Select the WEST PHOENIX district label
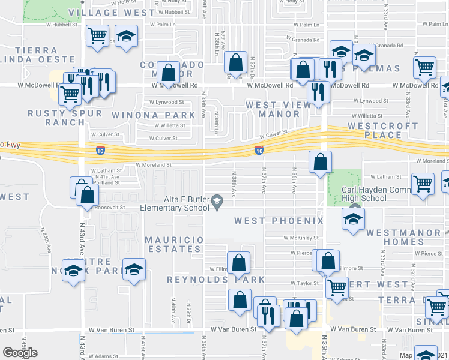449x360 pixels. point(279,221)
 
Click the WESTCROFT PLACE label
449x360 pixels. point(382,130)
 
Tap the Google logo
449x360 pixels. point(20,353)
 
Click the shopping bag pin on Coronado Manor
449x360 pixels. point(170,73)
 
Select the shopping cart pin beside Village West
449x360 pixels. point(97,35)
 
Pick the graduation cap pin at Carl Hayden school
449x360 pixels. point(352,219)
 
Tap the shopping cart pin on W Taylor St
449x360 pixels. point(337,287)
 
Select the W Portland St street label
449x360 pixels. point(106,182)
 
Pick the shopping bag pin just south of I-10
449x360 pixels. point(321,161)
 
